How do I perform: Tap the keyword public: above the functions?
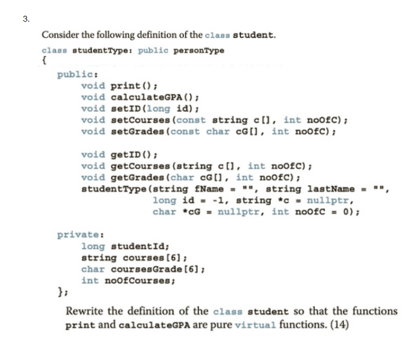(x=77, y=75)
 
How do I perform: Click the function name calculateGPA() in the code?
(x=154, y=97)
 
